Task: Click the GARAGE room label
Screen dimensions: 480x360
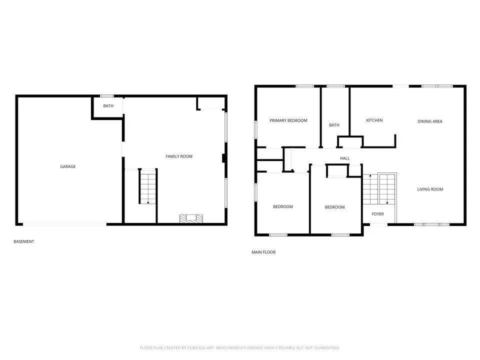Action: [67, 166]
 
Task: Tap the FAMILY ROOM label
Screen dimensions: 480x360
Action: [179, 156]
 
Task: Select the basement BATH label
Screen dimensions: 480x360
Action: [108, 106]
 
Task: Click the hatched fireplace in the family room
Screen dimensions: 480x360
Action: [191, 218]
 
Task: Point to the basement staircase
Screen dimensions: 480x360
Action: [148, 186]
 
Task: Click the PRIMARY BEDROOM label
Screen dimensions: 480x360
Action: [288, 120]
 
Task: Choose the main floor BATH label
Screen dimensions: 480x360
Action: [334, 125]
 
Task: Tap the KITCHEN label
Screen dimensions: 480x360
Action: [374, 120]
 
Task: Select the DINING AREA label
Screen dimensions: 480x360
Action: [430, 121]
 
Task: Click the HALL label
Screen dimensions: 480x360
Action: [344, 158]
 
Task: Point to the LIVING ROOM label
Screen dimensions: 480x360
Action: [430, 189]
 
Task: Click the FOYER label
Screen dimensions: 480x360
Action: [378, 214]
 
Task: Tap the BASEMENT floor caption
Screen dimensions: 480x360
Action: [24, 241]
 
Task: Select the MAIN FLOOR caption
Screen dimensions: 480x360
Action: [263, 252]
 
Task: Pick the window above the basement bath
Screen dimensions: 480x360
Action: [107, 96]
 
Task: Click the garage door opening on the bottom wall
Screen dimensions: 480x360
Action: [65, 224]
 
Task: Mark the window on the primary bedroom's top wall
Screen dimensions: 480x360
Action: [304, 86]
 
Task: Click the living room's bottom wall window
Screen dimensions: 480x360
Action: [431, 224]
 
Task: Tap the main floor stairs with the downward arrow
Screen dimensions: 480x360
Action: [387, 189]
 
